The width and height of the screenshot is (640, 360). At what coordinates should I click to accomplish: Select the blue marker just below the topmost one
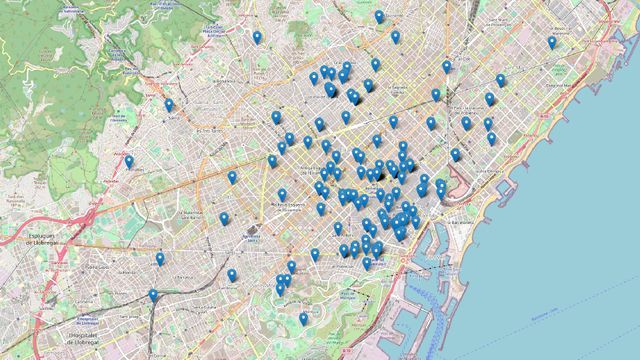click(x=395, y=36)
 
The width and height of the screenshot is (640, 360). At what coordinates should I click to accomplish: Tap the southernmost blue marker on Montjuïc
click(x=303, y=318)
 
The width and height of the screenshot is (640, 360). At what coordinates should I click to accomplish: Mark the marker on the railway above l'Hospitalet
click(x=153, y=295)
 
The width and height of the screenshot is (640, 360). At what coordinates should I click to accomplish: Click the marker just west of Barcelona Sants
click(x=224, y=218)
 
